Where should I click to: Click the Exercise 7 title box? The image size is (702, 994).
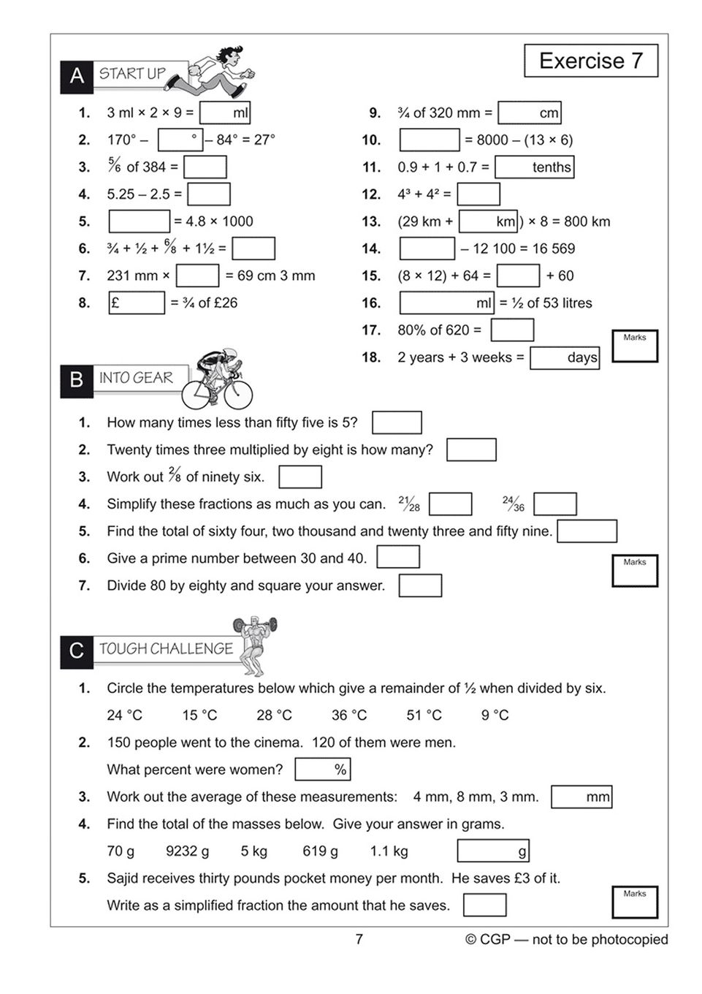pyautogui.click(x=590, y=61)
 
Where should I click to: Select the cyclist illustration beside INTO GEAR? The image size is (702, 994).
pyautogui.click(x=217, y=379)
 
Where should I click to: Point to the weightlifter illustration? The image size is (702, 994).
pyautogui.click(x=255, y=645)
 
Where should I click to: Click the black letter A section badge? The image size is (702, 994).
pyautogui.click(x=77, y=75)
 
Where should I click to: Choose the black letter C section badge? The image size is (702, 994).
pyautogui.click(x=77, y=650)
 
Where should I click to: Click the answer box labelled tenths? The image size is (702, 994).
pyautogui.click(x=534, y=167)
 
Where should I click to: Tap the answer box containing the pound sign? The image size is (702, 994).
pyautogui.click(x=137, y=303)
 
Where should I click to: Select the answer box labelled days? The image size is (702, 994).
pyautogui.click(x=564, y=357)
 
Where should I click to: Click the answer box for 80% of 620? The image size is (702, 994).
pyautogui.click(x=511, y=330)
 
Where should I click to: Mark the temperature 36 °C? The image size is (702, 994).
pyautogui.click(x=349, y=715)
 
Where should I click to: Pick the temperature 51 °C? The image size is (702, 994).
pyautogui.click(x=424, y=715)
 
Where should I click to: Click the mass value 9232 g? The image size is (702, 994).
pyautogui.click(x=187, y=851)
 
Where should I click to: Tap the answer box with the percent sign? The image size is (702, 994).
pyautogui.click(x=322, y=769)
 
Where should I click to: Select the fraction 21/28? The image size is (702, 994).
pyautogui.click(x=409, y=504)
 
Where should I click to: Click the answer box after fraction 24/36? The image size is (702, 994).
pyautogui.click(x=554, y=504)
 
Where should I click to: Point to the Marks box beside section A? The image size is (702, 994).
pyautogui.click(x=634, y=346)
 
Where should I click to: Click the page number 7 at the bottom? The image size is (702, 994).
pyautogui.click(x=359, y=939)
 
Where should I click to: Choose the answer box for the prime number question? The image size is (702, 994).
pyautogui.click(x=397, y=558)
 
